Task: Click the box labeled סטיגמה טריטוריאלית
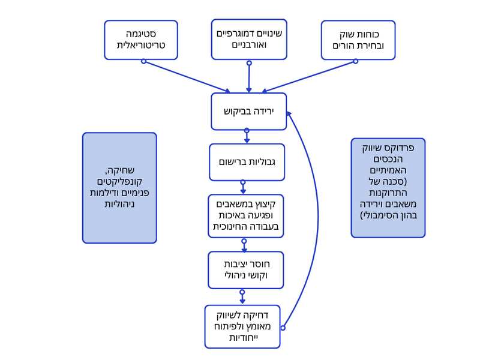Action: pos(141,40)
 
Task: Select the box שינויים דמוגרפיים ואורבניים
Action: pos(249,39)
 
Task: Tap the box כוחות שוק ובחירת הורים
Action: pos(358,40)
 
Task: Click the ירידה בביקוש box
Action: pos(248,111)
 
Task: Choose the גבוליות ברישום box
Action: pos(247,162)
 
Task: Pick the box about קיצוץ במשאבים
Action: pos(245,215)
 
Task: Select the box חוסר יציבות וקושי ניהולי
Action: pos(245,269)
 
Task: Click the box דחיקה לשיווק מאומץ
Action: pos(242,326)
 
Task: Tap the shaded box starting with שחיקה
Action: pos(119,188)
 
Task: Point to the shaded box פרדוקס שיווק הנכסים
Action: pos(388,188)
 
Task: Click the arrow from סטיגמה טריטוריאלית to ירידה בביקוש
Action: pos(187,77)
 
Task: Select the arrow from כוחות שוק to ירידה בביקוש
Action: pos(309,77)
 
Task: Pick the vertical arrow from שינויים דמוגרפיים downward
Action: pos(249,77)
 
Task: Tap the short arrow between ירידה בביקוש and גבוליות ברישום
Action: pos(247,137)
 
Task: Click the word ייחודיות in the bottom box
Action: pos(242,338)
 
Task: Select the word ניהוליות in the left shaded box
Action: pos(119,204)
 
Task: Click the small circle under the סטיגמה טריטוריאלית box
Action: pos(143,61)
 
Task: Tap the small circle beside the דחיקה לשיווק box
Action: pos(283,328)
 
